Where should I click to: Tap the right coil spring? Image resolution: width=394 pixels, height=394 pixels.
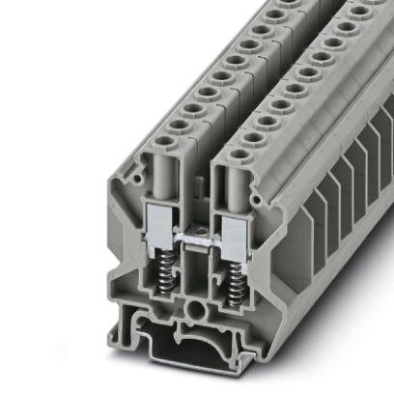coord(235,280)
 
